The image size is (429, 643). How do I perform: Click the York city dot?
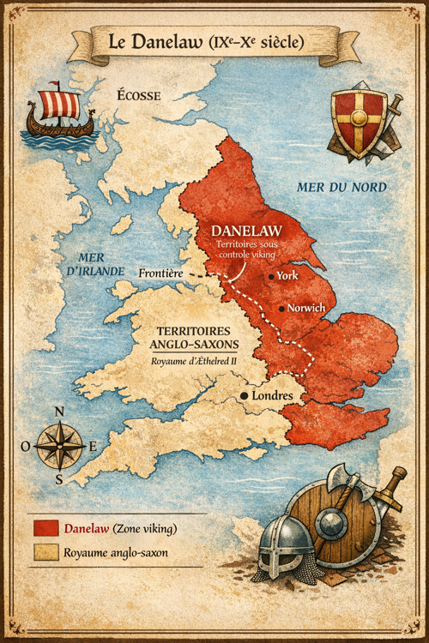coord(271,277)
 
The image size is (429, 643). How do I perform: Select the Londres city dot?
coord(245,396)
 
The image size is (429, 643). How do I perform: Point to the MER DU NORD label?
coord(341,187)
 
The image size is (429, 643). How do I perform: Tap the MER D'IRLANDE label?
coord(97,264)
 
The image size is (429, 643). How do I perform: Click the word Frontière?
coord(161,273)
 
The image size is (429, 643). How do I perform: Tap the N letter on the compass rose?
coord(59,412)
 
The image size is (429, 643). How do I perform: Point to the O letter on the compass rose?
coord(25,446)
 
